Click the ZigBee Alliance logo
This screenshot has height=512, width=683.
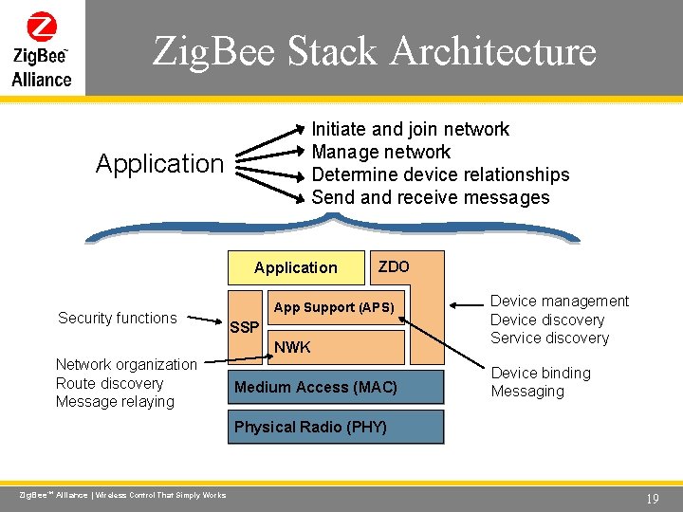(42, 49)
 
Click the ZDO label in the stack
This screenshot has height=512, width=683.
(394, 266)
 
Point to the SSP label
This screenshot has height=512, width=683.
(245, 327)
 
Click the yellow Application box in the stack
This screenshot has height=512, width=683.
(296, 267)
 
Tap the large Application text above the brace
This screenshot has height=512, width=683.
(159, 164)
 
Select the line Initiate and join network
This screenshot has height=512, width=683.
(411, 129)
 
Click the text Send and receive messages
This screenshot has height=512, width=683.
(431, 197)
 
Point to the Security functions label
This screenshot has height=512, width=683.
(118, 318)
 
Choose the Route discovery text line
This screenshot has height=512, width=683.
(109, 383)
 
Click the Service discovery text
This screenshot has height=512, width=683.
(549, 338)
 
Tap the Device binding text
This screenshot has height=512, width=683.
(541, 373)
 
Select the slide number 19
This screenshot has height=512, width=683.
(652, 498)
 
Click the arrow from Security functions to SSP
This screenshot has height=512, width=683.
(208, 320)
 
